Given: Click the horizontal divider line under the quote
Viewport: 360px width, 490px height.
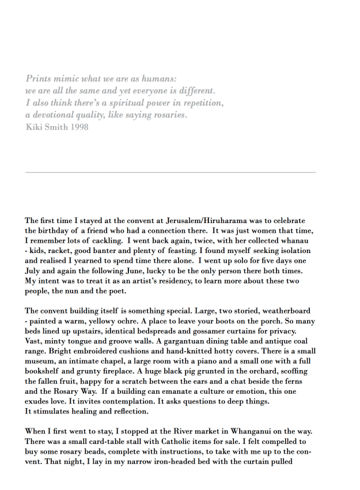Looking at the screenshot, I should click(170, 172).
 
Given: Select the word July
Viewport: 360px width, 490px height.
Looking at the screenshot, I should click(34, 270).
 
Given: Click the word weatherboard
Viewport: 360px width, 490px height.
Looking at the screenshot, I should click(286, 311).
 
